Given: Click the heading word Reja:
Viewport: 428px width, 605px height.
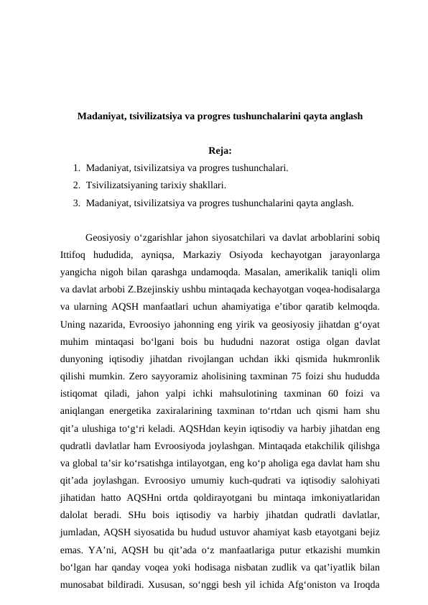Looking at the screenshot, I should click(x=219, y=151).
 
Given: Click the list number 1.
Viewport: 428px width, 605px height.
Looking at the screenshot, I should click(x=75, y=169).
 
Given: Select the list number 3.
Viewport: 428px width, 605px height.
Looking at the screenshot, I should click(x=75, y=203).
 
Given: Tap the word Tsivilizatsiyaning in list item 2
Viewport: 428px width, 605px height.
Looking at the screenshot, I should click(x=118, y=186).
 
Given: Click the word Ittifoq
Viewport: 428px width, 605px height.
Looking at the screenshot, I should click(x=74, y=254).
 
